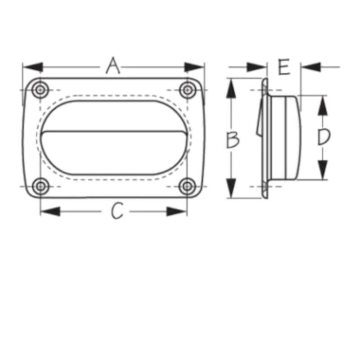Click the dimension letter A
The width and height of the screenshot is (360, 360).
(x=113, y=66)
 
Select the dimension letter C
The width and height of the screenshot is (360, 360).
(x=117, y=211)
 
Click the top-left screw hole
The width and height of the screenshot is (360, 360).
(x=40, y=90)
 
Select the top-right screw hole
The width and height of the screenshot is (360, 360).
(x=187, y=90)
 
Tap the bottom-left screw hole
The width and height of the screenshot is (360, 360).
(x=40, y=186)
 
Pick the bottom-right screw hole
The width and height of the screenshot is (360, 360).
(x=187, y=186)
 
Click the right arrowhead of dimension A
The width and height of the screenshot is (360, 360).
(x=194, y=67)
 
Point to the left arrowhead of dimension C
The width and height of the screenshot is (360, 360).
(x=50, y=211)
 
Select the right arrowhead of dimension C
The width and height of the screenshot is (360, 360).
(x=176, y=211)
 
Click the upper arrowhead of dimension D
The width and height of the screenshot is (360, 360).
(x=323, y=105)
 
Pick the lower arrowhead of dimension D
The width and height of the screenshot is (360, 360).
(x=323, y=170)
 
